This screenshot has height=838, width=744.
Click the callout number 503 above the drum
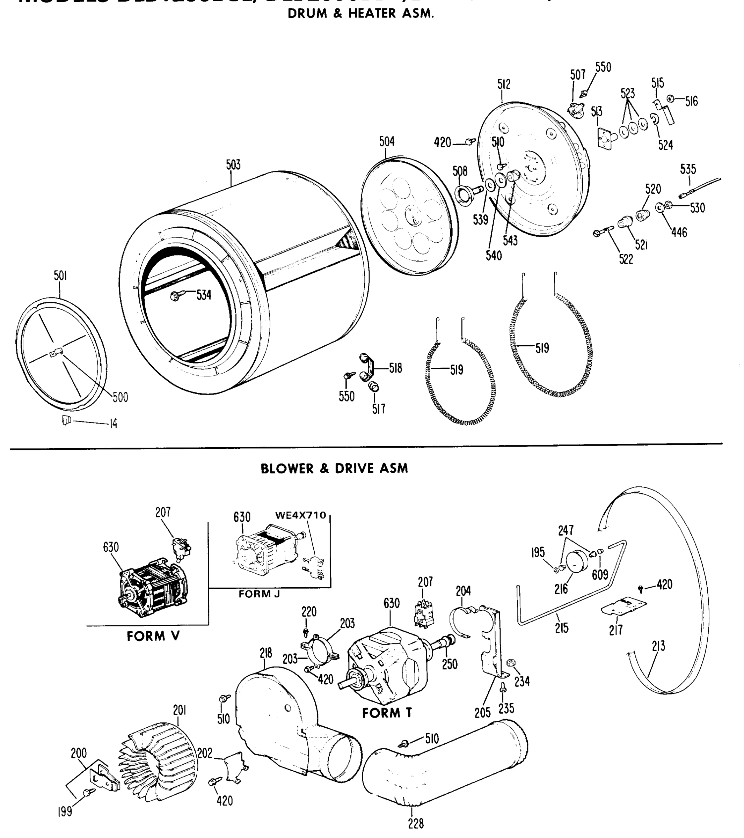(x=233, y=165)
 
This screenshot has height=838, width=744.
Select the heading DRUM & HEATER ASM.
(x=360, y=14)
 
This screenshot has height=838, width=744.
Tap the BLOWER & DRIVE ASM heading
(x=334, y=468)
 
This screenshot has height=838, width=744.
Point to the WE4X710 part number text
(x=301, y=515)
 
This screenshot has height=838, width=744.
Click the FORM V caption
(x=153, y=636)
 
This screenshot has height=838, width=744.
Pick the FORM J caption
(x=259, y=594)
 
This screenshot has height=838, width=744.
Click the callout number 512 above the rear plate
(x=504, y=84)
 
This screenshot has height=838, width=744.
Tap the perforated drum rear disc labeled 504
(x=410, y=216)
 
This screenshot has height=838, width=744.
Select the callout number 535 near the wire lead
(x=688, y=169)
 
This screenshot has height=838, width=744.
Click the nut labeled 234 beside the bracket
(x=511, y=663)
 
